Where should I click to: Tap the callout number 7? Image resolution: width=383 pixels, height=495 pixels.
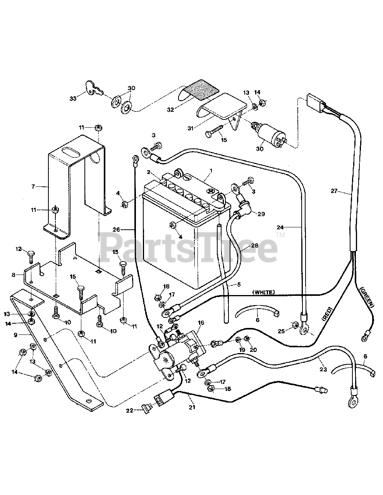pos(33,186)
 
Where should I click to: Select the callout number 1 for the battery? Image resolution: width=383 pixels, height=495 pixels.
pos(211,171)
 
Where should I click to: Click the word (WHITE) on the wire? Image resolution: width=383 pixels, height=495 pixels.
pos(263,292)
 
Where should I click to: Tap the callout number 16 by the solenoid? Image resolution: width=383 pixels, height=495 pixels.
pos(201,323)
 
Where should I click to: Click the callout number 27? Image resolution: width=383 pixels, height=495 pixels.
pos(334,190)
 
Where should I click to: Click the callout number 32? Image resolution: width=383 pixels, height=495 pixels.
pos(170,109)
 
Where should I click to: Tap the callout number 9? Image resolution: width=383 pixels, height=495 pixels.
pos(15,335)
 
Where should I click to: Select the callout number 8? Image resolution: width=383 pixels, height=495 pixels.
pos(14,275)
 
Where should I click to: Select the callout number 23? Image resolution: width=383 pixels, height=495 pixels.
pos(323,369)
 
